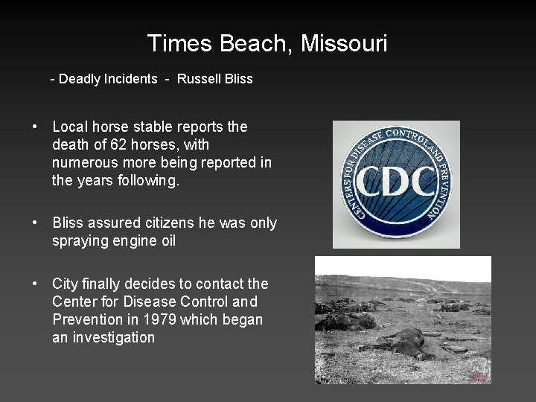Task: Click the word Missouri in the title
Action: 344,43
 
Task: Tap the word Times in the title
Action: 181,43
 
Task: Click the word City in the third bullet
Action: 66,284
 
